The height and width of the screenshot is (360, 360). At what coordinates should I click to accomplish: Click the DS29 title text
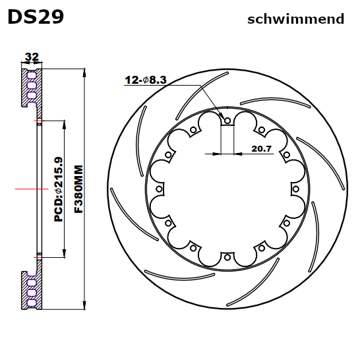pos(36,16)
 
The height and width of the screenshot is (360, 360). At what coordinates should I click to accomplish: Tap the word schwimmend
pos(295,19)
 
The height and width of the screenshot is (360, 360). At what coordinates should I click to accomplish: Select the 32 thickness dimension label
pos(31,57)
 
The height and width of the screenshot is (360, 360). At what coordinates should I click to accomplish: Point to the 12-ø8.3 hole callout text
pos(146,80)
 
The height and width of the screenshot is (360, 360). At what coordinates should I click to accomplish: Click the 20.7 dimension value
pos(262,148)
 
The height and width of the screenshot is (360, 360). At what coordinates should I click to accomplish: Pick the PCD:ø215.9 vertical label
pos(59,189)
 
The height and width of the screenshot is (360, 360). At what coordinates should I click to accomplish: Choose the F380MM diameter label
pos(78,189)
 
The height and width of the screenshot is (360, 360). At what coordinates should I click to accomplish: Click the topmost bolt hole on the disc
pos(227,121)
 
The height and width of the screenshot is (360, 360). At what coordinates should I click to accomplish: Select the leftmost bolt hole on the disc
pos(159,189)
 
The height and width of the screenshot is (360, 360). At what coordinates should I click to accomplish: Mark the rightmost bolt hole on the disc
pos(295,189)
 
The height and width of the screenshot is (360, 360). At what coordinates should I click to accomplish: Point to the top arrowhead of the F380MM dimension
pos(85,72)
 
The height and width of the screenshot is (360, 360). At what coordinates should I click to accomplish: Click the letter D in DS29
pos(15,16)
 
